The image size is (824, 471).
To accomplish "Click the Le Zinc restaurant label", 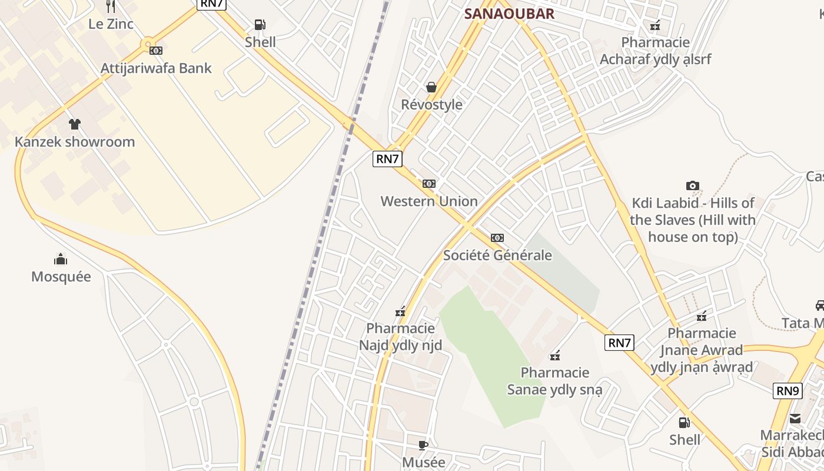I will [111, 24].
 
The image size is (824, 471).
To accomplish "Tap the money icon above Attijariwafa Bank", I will [156, 51].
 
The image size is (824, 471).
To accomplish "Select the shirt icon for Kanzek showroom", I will [75, 124].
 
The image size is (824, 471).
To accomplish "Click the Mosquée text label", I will [61, 277].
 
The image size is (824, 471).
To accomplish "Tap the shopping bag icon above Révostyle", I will [431, 88].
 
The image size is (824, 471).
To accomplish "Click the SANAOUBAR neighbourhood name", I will [509, 14].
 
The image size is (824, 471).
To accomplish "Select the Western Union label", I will [429, 201].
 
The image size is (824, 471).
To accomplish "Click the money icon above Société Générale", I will [497, 238].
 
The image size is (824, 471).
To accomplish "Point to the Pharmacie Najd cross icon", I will [400, 311].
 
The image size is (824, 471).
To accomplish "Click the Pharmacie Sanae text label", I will [554, 381].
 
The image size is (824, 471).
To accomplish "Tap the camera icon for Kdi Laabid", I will [693, 186].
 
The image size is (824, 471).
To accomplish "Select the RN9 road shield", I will [788, 390].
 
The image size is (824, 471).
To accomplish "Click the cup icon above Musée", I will [423, 445].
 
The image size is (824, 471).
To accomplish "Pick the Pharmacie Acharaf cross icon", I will [655, 25].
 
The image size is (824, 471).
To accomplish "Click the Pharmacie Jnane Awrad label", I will [701, 350].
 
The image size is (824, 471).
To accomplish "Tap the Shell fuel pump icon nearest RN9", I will [684, 422].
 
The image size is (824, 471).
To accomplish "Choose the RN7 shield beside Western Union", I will [387, 158].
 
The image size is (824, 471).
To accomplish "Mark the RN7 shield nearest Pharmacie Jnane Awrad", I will [619, 343].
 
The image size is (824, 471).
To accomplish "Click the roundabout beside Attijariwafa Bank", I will [147, 44].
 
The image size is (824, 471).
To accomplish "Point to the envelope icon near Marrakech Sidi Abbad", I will [795, 419].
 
